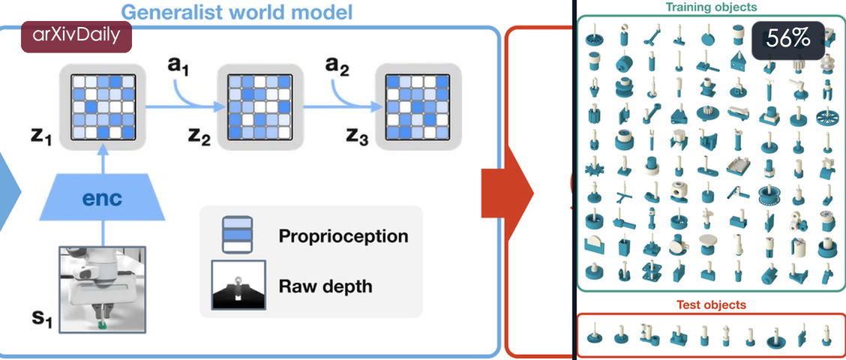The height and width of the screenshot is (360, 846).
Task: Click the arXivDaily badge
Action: tap(76, 36)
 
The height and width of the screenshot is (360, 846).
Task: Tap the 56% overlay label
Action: tap(788, 40)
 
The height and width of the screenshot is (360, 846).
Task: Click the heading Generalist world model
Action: tap(237, 12)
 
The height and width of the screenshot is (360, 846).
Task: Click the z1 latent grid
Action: tap(102, 106)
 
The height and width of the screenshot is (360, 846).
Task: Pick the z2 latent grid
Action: tap(260, 106)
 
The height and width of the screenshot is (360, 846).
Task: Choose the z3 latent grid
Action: tap(418, 106)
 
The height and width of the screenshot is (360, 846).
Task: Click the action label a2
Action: tap(337, 67)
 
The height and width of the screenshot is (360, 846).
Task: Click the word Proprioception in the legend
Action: tap(343, 236)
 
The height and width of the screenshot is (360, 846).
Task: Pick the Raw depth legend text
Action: tap(325, 286)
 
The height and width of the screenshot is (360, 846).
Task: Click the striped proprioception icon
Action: tap(238, 234)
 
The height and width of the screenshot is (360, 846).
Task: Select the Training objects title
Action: tap(711, 7)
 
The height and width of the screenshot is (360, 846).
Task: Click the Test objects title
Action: tap(711, 305)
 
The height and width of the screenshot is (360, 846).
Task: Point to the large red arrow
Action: tap(508, 192)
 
